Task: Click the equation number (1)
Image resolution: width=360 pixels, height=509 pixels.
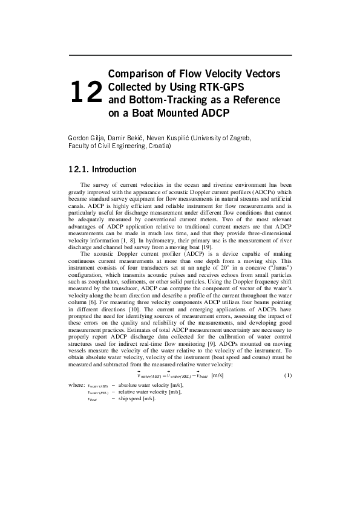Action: click(288, 375)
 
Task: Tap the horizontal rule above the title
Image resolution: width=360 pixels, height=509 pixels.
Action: click(180, 55)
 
